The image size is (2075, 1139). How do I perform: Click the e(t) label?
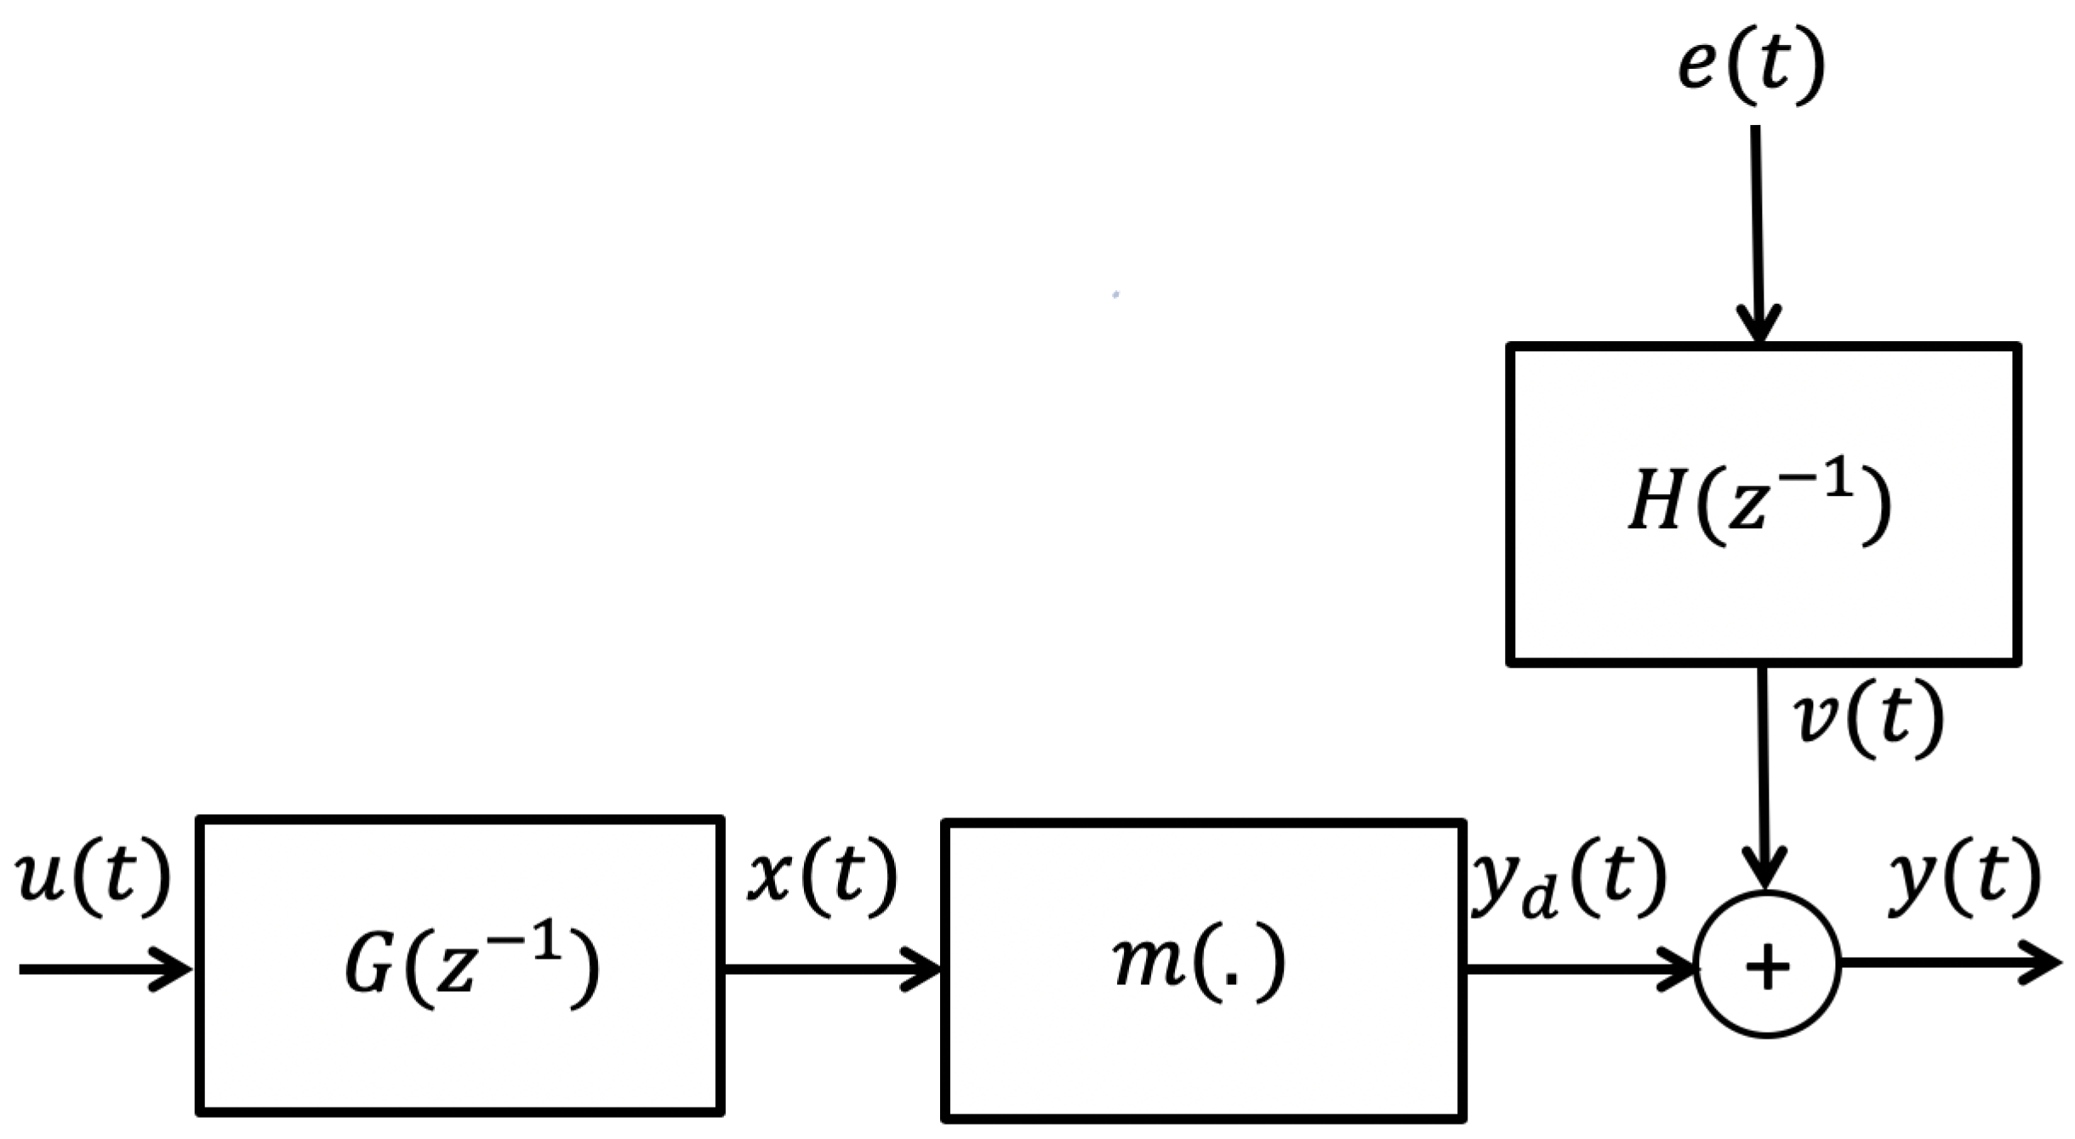(1751, 66)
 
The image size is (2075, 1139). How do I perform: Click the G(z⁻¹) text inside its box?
(471, 966)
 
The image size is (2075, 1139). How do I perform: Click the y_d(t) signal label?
(1569, 880)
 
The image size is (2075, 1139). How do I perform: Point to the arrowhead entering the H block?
(1759, 327)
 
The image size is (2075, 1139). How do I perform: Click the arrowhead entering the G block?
(174, 969)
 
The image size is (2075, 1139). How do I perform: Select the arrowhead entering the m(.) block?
(923, 969)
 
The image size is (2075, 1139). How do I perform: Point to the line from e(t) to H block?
(1756, 221)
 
